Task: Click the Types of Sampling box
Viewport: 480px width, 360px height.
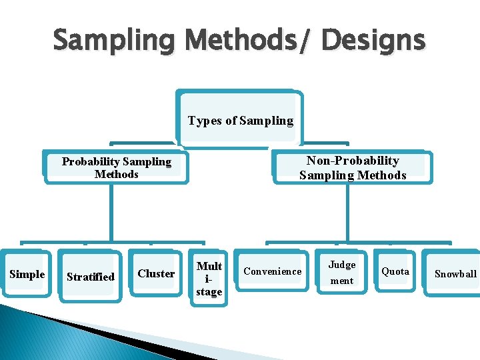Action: (x=240, y=120)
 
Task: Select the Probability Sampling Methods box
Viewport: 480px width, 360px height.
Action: (x=117, y=167)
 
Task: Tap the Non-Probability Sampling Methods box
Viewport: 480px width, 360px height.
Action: (x=352, y=167)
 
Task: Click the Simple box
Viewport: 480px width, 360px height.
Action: (x=27, y=274)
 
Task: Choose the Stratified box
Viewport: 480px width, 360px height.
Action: (x=91, y=277)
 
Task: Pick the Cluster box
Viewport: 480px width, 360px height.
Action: (x=156, y=273)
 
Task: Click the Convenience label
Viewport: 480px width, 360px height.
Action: (x=272, y=271)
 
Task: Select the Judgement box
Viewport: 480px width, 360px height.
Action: (x=342, y=273)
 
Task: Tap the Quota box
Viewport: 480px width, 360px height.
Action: (x=395, y=271)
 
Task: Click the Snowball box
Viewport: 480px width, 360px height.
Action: (x=456, y=273)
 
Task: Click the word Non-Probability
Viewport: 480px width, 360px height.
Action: (x=353, y=161)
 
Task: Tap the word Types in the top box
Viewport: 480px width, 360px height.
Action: (x=203, y=121)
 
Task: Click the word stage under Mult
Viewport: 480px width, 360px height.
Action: (x=209, y=291)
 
